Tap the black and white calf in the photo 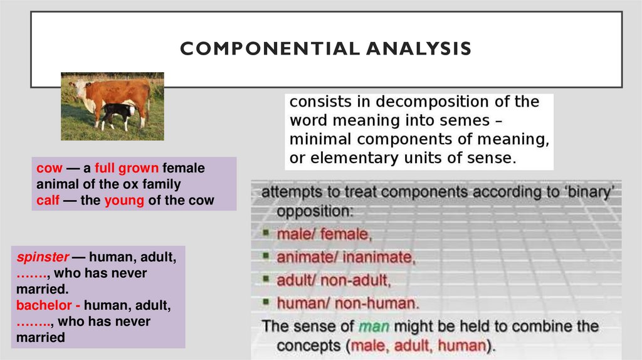(119, 115)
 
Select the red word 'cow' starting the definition (49, 169)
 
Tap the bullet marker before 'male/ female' (267, 235)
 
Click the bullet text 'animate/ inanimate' (346, 257)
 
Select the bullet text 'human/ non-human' (347, 303)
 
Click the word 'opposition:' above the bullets (315, 211)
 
